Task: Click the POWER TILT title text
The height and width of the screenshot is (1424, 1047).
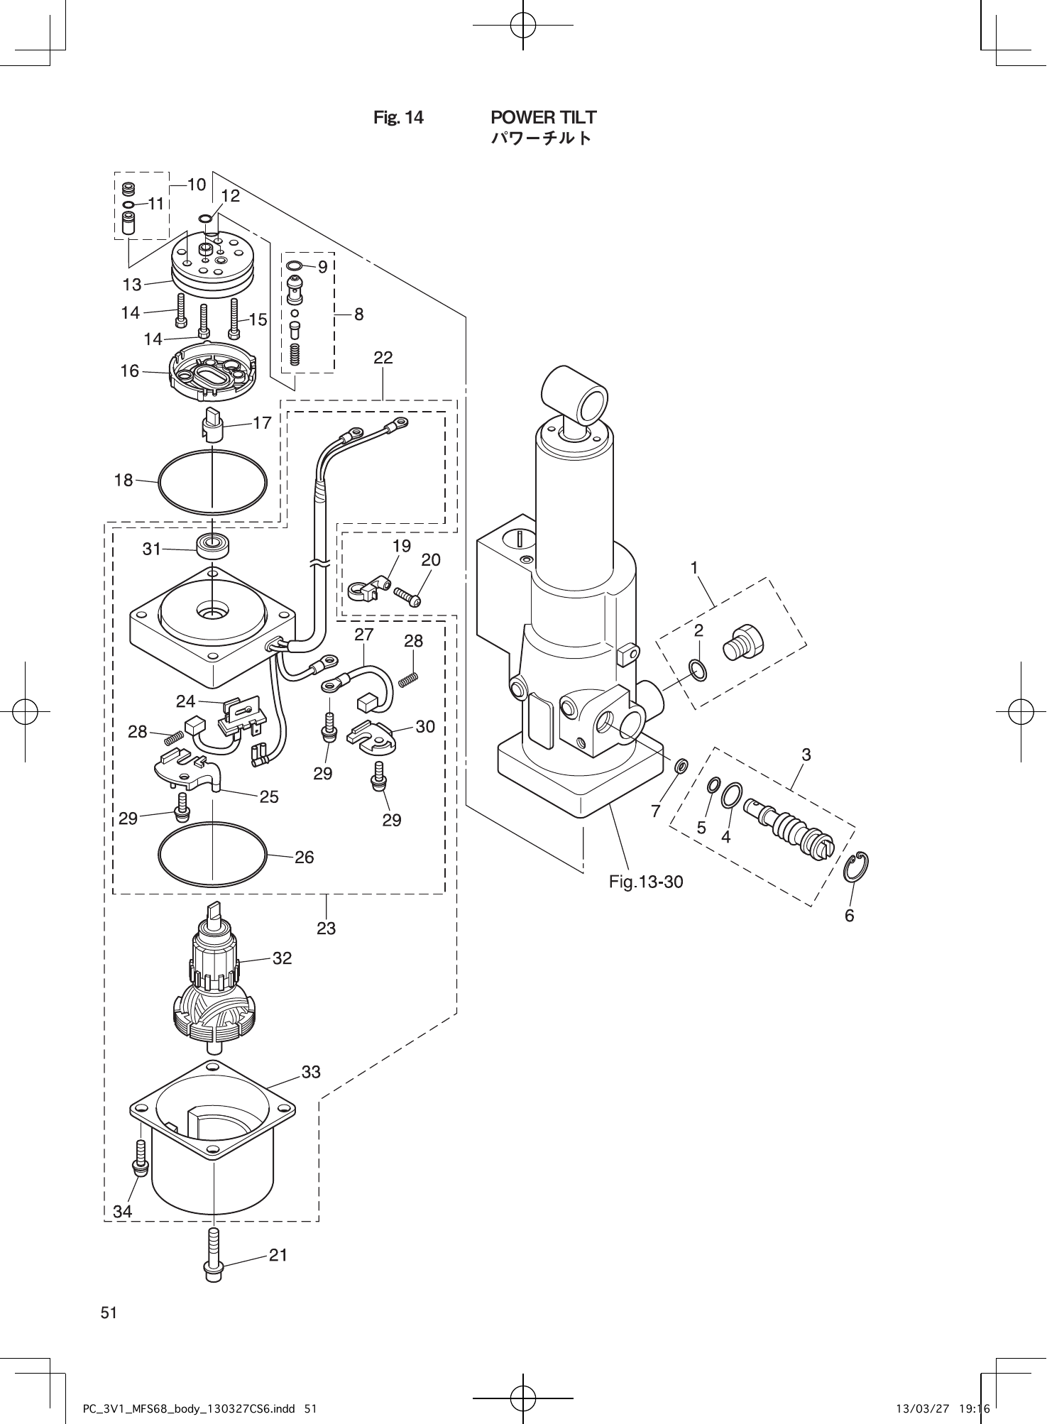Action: pyautogui.click(x=543, y=117)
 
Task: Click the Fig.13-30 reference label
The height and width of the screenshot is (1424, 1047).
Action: pyautogui.click(x=646, y=882)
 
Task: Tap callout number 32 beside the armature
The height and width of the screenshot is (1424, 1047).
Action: pyautogui.click(x=282, y=958)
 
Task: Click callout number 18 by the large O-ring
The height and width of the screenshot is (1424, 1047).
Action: pyautogui.click(x=124, y=481)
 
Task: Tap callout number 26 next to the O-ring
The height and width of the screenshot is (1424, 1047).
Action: pyautogui.click(x=304, y=858)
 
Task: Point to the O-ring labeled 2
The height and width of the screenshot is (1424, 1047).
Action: pyautogui.click(x=697, y=669)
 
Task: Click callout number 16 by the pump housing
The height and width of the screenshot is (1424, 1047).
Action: pyautogui.click(x=130, y=371)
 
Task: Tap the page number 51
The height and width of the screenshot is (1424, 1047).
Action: pyautogui.click(x=109, y=1313)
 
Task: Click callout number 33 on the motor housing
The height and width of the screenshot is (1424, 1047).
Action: pyautogui.click(x=311, y=1072)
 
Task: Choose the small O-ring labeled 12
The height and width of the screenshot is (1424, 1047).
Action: pyautogui.click(x=205, y=219)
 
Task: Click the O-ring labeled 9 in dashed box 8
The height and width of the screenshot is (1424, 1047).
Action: pyautogui.click(x=294, y=266)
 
